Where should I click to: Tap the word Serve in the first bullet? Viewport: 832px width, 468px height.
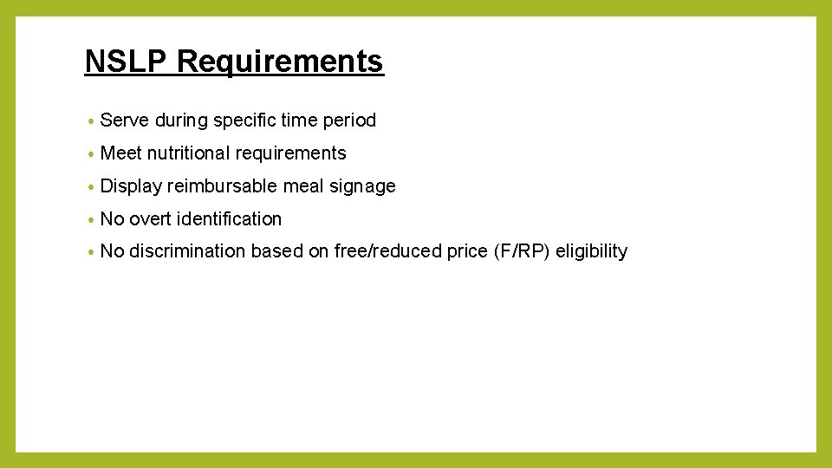point(125,120)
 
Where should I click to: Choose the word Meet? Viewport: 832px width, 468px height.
point(121,153)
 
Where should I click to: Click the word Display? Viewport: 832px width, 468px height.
point(131,186)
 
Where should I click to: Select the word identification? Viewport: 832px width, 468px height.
point(229,219)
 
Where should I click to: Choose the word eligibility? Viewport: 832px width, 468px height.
point(591,251)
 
